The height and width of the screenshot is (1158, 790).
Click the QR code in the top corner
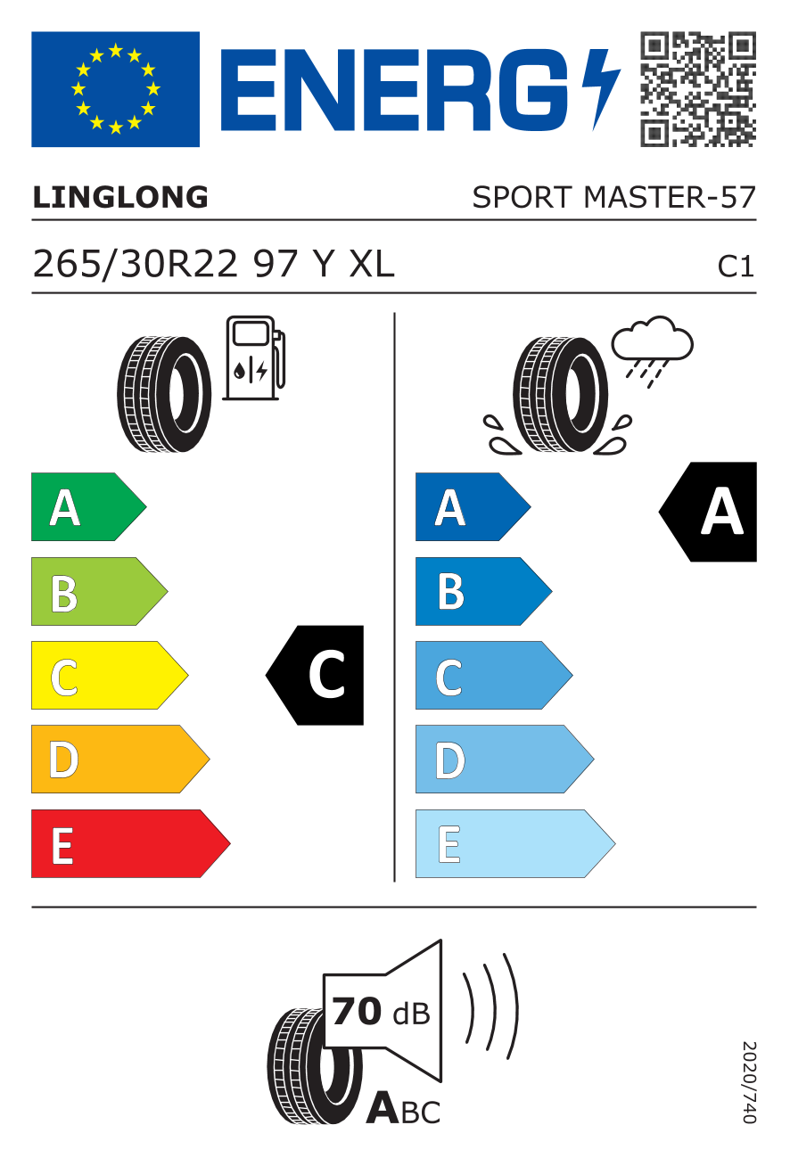(698, 89)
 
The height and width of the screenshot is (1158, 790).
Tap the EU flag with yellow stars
(115, 89)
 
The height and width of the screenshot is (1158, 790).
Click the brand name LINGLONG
(120, 197)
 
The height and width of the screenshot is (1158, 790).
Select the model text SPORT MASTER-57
(613, 197)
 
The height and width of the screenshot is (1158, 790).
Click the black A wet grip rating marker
(712, 512)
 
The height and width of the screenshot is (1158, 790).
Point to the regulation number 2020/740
(748, 1082)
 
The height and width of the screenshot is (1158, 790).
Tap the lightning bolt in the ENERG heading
(600, 87)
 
